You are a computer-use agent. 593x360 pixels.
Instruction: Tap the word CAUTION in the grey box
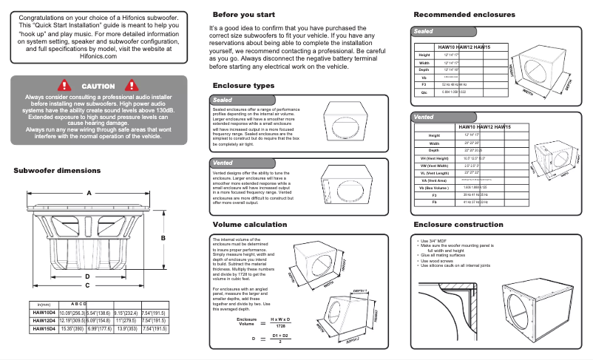(x=98, y=86)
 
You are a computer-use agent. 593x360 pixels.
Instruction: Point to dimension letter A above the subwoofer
(x=89, y=194)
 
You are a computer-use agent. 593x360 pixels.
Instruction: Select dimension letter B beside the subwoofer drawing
(x=163, y=238)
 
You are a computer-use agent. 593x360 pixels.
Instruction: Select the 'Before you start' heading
(x=245, y=15)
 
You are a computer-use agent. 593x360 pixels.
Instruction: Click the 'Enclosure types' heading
(x=243, y=86)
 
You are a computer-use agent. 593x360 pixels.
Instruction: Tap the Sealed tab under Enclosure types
(x=223, y=99)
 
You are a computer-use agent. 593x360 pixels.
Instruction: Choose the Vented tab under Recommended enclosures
(x=424, y=118)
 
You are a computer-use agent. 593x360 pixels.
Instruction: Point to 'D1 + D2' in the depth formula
(x=280, y=335)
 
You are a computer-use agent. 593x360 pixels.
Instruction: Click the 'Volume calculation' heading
(x=250, y=223)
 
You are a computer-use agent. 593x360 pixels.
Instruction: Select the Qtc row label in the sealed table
(x=424, y=92)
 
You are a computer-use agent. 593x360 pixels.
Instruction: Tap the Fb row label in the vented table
(x=434, y=201)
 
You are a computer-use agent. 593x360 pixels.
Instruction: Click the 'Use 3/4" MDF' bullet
(x=436, y=240)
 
